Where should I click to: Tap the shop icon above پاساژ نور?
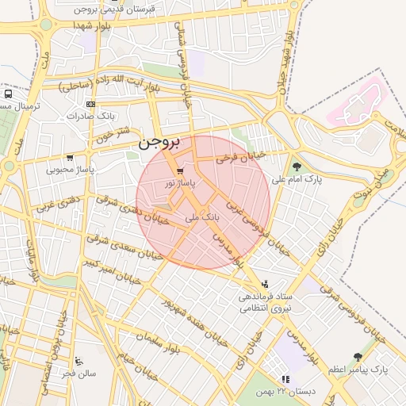181,171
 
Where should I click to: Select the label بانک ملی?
201,215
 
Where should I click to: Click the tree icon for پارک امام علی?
297,167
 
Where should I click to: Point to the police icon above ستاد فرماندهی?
265,284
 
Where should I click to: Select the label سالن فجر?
80,373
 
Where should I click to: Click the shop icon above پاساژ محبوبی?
70,158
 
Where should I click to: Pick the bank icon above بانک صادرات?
91,104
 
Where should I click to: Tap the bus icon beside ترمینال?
7,93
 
